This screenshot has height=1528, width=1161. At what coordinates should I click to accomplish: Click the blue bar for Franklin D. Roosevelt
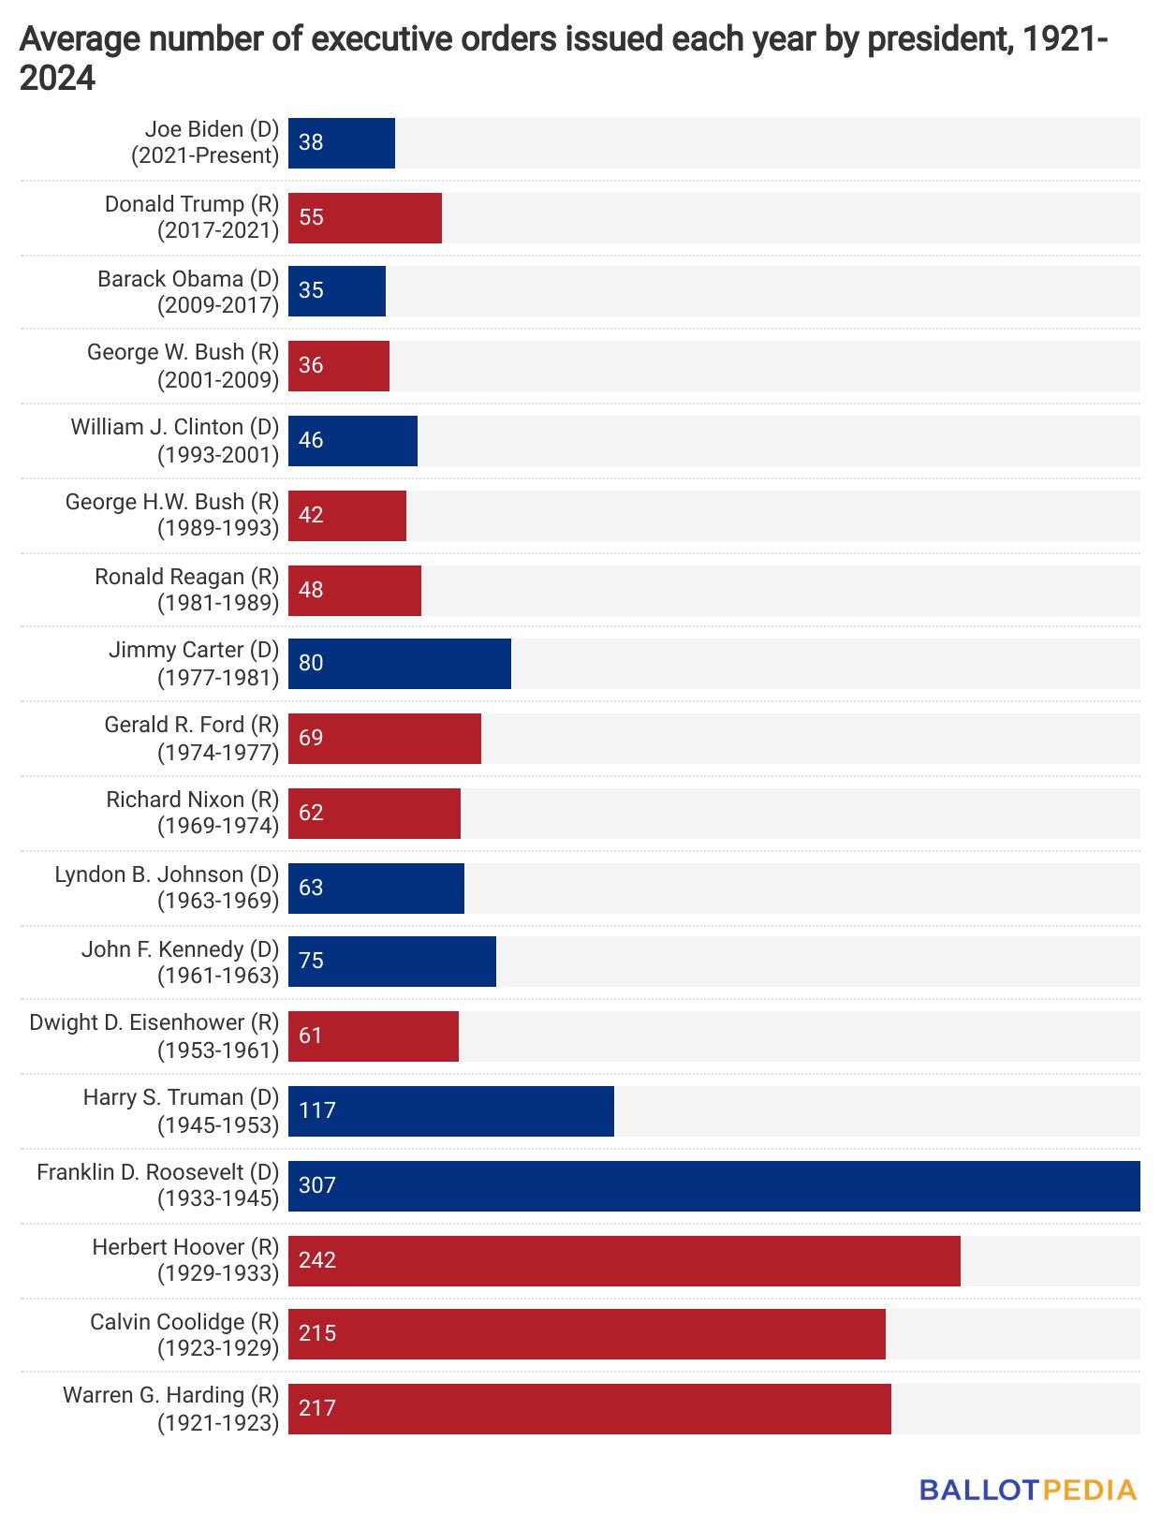(x=713, y=1185)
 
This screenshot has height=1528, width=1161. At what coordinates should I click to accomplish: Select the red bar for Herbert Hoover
(x=624, y=1260)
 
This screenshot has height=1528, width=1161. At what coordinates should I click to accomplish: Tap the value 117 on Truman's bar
(x=317, y=1110)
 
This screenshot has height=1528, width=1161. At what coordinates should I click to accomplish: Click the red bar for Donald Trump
(x=365, y=217)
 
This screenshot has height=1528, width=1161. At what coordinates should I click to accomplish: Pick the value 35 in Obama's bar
(x=311, y=290)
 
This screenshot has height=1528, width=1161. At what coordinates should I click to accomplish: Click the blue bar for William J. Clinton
(x=353, y=440)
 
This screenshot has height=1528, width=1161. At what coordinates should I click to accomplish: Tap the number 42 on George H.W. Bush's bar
(x=311, y=515)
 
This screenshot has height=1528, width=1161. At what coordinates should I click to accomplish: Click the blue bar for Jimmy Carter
(x=400, y=663)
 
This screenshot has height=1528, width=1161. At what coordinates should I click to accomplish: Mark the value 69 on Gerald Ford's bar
(x=311, y=738)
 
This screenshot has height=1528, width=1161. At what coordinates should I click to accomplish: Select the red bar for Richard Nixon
(x=375, y=813)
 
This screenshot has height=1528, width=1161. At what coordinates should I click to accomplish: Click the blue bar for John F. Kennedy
(x=392, y=961)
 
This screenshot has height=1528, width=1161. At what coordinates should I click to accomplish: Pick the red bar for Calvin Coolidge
(x=586, y=1333)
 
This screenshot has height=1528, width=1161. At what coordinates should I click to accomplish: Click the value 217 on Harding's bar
(x=317, y=1408)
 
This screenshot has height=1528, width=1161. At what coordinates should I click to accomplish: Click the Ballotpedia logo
(x=1028, y=1490)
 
